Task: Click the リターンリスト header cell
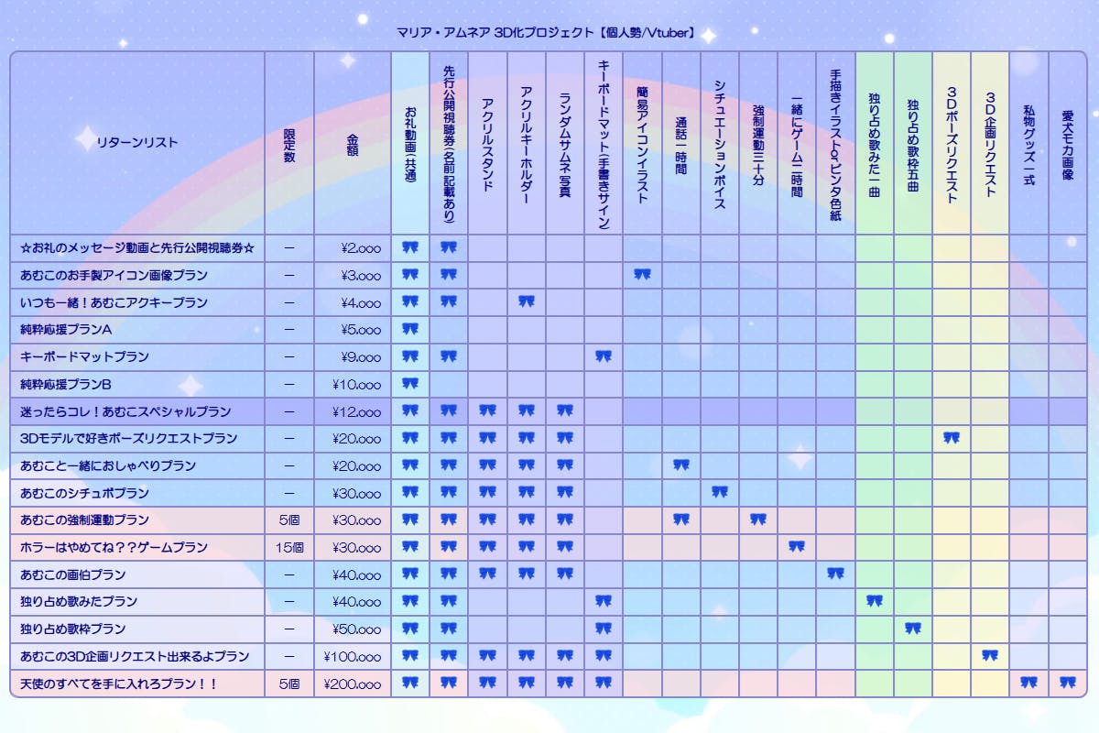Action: (x=137, y=143)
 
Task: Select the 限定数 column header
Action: (x=289, y=143)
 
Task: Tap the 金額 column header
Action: (x=353, y=143)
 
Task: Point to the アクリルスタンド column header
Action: (x=487, y=143)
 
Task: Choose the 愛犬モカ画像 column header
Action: (x=1067, y=143)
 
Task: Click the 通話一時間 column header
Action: (x=680, y=143)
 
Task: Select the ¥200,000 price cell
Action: (x=353, y=684)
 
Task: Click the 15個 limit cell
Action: (x=289, y=547)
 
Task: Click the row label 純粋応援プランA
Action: (x=66, y=329)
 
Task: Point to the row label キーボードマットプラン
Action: (x=84, y=356)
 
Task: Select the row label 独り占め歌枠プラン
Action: (x=73, y=629)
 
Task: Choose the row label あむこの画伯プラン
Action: (x=73, y=574)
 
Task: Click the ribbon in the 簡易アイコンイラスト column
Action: (x=642, y=274)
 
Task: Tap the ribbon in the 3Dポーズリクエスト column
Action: (x=952, y=438)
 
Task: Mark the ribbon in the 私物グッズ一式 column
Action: (x=1028, y=683)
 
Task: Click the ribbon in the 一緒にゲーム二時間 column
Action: (x=797, y=547)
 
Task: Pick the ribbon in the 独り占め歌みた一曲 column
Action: (x=875, y=601)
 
